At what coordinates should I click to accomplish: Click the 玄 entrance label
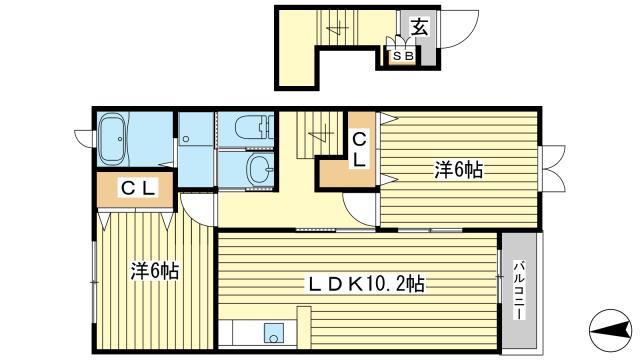coord(420,27)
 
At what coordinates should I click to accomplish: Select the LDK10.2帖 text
coord(365,284)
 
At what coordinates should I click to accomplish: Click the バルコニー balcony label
coord(519,290)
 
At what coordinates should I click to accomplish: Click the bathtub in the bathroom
coord(114,139)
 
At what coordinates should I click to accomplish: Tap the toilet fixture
coord(253,127)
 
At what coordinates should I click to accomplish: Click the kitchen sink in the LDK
coord(273,333)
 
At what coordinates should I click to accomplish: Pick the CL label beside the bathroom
coord(139,189)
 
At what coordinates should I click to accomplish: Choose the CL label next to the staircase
coord(359,149)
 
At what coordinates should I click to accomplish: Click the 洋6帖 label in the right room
coord(458,169)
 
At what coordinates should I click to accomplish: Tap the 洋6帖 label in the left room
coord(155,271)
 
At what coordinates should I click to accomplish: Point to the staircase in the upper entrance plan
coord(337,27)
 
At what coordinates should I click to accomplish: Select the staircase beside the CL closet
coord(320,134)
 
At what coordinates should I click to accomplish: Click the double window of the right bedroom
coord(553,168)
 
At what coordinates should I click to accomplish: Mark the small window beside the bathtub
coord(84,137)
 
